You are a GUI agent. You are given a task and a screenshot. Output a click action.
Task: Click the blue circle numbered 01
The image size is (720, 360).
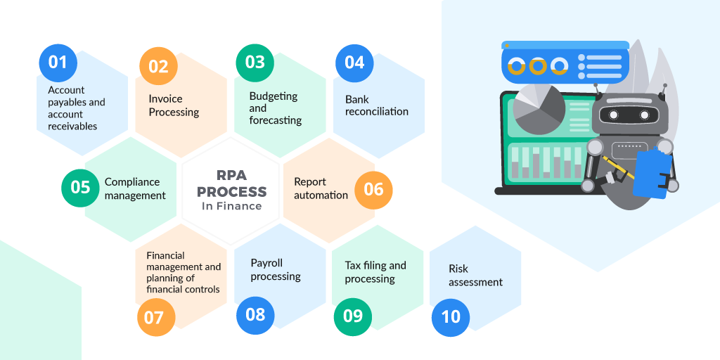click(58, 63)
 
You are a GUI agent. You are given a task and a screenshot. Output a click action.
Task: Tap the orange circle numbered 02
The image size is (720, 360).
click(158, 67)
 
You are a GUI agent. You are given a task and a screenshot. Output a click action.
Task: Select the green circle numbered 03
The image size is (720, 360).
click(255, 63)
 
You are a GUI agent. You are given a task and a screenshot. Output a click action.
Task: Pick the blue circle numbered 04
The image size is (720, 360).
click(354, 63)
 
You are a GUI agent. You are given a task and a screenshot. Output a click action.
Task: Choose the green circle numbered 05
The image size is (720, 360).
click(80, 188)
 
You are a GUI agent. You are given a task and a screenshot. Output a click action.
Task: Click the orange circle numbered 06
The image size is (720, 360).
click(374, 190)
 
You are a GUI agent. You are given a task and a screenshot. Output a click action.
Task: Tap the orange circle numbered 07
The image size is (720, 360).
click(156, 317)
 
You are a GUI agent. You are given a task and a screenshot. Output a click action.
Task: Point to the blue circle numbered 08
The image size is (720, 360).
click(255, 316)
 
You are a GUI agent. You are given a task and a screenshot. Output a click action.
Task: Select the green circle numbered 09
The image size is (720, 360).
click(353, 317)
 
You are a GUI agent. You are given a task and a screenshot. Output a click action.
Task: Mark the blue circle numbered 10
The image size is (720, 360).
click(451, 317)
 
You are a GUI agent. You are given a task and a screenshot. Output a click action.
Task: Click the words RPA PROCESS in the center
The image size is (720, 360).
click(232, 184)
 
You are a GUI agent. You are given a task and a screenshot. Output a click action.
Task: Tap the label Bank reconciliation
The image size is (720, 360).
click(377, 105)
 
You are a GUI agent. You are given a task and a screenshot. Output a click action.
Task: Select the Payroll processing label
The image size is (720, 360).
click(276, 269)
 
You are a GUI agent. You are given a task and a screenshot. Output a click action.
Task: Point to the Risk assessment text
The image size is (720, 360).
click(476, 276)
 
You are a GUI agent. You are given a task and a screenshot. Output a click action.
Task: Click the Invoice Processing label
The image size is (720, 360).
click(174, 105)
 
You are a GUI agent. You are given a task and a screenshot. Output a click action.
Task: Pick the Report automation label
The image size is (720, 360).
click(321, 188)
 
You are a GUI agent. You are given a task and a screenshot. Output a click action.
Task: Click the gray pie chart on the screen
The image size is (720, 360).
click(539, 110)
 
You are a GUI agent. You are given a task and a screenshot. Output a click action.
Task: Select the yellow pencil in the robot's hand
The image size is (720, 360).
click(618, 167)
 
